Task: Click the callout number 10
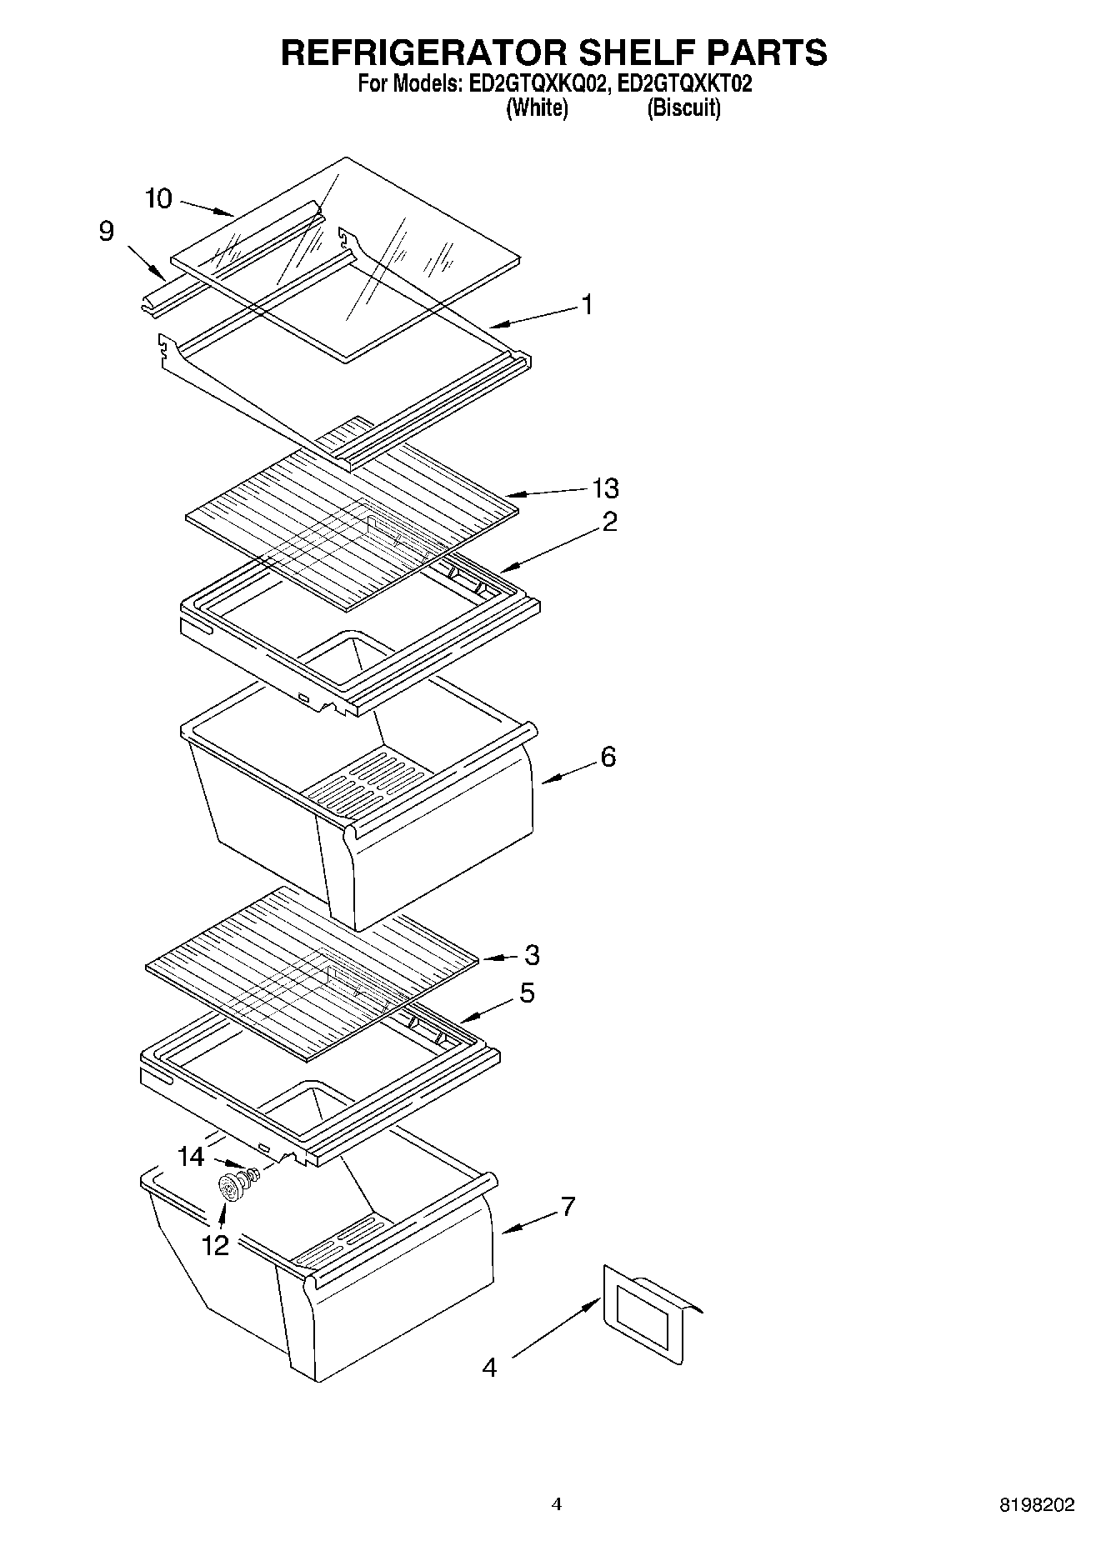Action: point(158,198)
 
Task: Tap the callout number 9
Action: point(106,231)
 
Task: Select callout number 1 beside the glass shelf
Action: point(587,305)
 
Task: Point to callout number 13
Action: point(605,488)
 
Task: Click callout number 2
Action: point(609,523)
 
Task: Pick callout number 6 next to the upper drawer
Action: point(608,757)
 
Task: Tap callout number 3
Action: point(532,955)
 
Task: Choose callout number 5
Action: point(527,993)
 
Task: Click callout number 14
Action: point(191,1156)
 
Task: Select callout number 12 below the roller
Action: point(214,1245)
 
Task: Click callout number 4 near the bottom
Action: point(489,1368)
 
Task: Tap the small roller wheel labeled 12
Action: point(229,1187)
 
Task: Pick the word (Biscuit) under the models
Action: point(683,108)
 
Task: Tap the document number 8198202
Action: point(1037,1505)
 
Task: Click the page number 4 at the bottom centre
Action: point(557,1504)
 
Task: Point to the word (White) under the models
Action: point(537,108)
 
